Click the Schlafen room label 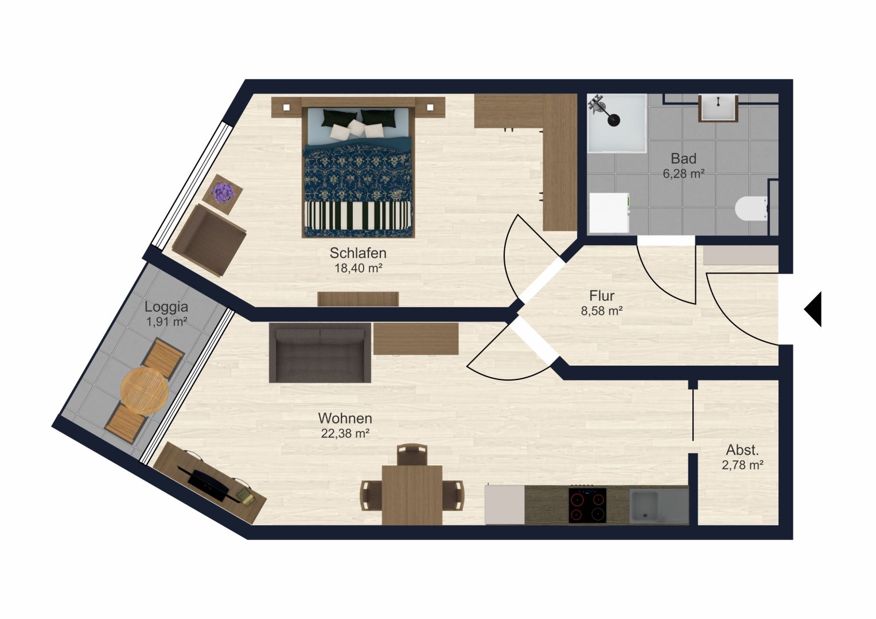[358, 253]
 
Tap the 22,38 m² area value [345, 433]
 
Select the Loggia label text [166, 307]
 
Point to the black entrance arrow [813, 309]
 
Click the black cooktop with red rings [587, 506]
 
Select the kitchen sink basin [645, 507]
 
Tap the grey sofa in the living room [320, 352]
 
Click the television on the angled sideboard [207, 484]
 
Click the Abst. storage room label [743, 450]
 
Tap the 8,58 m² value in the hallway [602, 311]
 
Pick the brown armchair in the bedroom [209, 240]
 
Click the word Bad [684, 159]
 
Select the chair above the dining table [412, 455]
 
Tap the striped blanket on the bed [358, 216]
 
